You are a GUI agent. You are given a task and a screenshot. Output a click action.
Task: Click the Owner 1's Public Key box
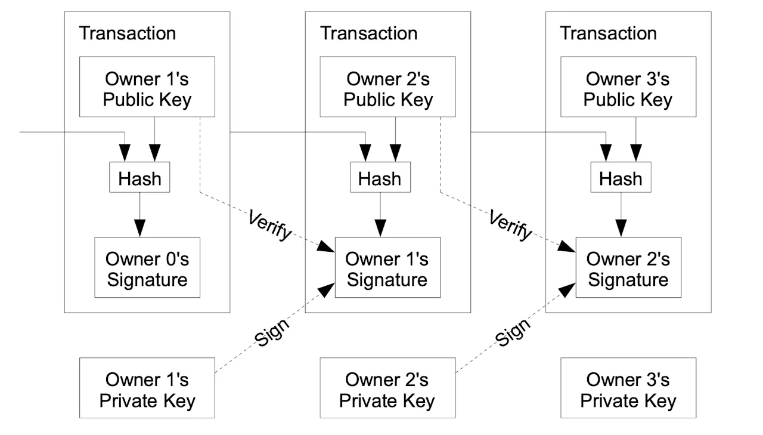147,87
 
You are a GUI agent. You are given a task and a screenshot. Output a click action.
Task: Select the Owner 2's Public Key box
387,87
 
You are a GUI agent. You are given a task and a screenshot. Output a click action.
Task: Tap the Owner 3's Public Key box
628,87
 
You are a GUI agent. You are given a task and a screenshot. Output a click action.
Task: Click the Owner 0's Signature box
147,267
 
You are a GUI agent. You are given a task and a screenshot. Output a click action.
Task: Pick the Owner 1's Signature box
387,267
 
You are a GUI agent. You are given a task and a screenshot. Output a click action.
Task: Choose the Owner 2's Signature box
628,267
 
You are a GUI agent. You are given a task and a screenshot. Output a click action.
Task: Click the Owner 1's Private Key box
147,388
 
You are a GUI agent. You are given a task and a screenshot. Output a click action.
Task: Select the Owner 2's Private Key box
387,388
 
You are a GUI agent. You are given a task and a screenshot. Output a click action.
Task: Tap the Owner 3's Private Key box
628,388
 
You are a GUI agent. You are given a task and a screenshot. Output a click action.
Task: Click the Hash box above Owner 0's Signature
139,177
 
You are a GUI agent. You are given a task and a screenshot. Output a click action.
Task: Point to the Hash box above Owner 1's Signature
380,177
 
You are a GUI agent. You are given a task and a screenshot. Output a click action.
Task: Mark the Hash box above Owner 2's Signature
621,177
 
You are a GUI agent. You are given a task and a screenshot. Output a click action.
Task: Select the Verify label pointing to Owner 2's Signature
510,226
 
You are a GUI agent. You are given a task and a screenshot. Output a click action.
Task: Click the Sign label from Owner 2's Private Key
513,333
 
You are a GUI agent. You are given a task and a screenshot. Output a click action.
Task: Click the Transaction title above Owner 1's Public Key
128,33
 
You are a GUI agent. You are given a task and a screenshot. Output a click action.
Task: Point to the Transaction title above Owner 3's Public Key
609,33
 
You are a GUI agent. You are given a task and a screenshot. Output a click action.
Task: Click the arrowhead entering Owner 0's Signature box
139,229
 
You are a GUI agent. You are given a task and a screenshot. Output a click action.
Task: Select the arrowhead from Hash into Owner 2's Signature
621,229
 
